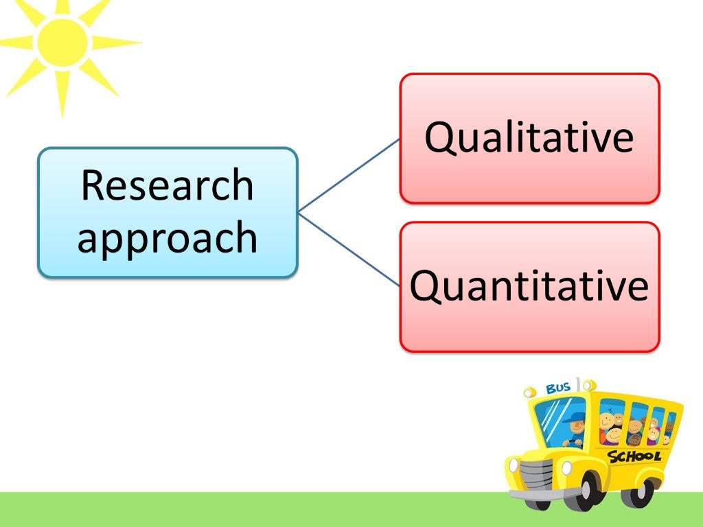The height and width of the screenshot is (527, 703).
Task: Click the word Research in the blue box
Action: click(x=167, y=185)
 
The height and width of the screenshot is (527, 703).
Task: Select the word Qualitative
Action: click(x=529, y=137)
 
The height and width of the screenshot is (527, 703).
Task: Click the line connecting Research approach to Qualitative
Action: click(x=349, y=174)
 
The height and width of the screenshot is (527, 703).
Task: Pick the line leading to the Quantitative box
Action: click(x=349, y=248)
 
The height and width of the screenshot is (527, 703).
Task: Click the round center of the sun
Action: click(x=62, y=43)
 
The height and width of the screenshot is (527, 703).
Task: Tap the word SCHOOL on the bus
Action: click(x=634, y=456)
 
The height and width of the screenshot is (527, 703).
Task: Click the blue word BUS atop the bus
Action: click(x=558, y=388)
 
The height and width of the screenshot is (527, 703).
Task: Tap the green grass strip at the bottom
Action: click(x=275, y=509)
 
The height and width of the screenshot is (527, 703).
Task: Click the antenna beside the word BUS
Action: click(x=578, y=384)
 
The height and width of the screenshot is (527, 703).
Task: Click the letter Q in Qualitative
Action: click(x=440, y=137)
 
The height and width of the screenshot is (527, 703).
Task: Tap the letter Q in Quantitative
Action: click(x=426, y=286)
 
